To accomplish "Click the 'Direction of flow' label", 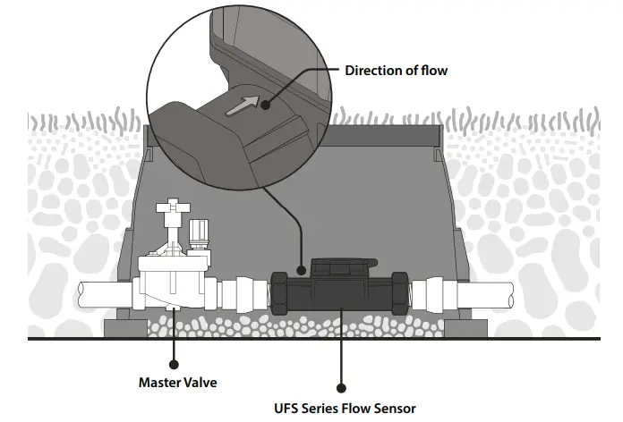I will click(x=396, y=71).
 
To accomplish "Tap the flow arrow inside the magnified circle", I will click(x=243, y=106).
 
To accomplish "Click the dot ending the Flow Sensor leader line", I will click(x=340, y=388).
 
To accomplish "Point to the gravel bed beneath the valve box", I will click(x=269, y=326).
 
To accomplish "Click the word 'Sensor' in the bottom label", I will click(x=393, y=409).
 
